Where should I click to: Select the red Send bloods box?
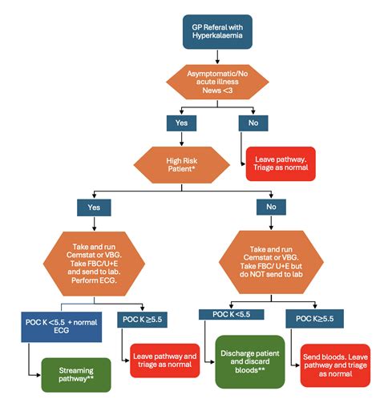[334, 365]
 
